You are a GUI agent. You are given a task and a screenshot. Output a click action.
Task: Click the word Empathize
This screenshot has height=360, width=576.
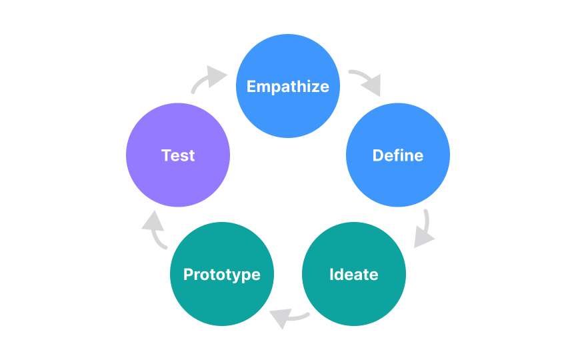pos(288,87)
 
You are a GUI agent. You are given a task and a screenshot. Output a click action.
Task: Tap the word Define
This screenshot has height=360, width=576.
pos(398,156)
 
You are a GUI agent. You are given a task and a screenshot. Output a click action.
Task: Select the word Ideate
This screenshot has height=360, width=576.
pos(354,275)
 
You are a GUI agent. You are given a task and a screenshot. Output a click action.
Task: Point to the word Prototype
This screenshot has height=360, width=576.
pos(222,275)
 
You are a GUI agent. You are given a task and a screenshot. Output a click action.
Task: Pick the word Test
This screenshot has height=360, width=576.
pos(178,156)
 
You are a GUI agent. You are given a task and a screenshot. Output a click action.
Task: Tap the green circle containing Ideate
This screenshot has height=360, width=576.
pos(354,300)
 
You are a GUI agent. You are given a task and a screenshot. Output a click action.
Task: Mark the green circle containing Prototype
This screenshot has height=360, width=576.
pos(222,300)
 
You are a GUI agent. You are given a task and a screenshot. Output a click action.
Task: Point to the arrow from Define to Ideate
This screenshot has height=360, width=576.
pos(424,230)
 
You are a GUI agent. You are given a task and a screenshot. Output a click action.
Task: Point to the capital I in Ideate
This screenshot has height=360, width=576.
pos(331,275)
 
